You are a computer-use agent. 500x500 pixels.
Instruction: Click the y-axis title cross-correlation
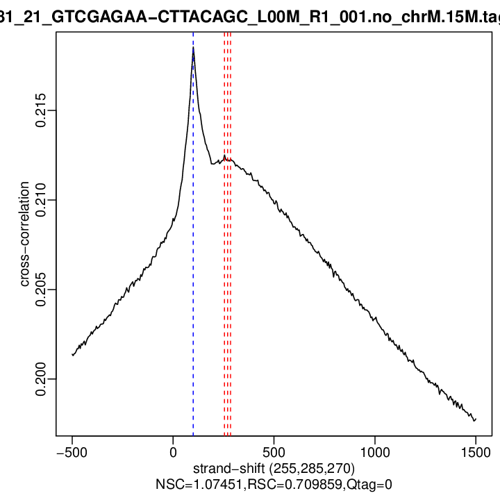pyautogui.click(x=25, y=234)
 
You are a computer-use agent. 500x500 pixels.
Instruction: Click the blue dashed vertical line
pyautogui.click(x=193, y=278)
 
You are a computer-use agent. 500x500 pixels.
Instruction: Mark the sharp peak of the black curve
pyautogui.click(x=193, y=49)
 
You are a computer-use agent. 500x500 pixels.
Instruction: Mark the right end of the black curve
pyautogui.click(x=475, y=419)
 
